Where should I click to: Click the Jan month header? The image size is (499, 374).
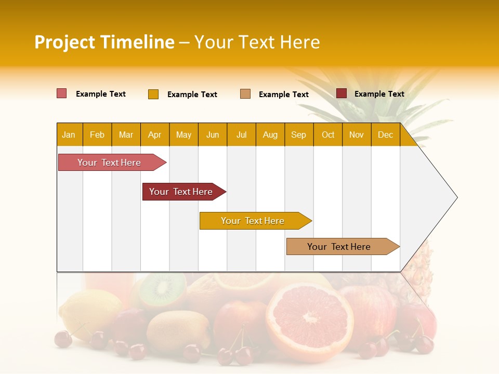click(x=69, y=135)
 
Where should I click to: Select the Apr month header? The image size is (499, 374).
click(x=155, y=135)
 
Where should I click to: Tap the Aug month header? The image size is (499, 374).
click(x=270, y=135)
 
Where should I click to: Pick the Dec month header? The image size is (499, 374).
click(x=385, y=135)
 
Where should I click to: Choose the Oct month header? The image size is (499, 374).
click(x=328, y=135)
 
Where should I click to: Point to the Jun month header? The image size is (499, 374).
click(x=213, y=135)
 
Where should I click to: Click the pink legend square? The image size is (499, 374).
click(x=61, y=94)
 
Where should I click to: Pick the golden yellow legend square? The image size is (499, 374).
click(x=153, y=94)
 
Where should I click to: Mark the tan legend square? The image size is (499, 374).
click(x=245, y=94)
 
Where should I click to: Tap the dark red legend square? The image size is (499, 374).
click(x=341, y=94)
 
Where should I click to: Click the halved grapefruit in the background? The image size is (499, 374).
click(x=309, y=317)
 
